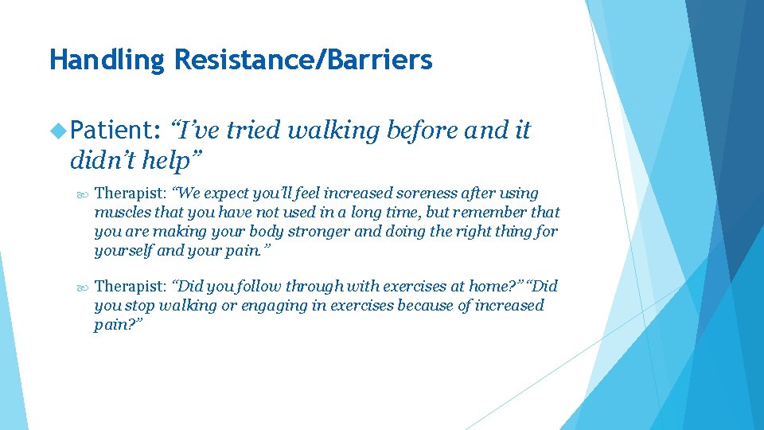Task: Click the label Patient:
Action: point(115,131)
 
